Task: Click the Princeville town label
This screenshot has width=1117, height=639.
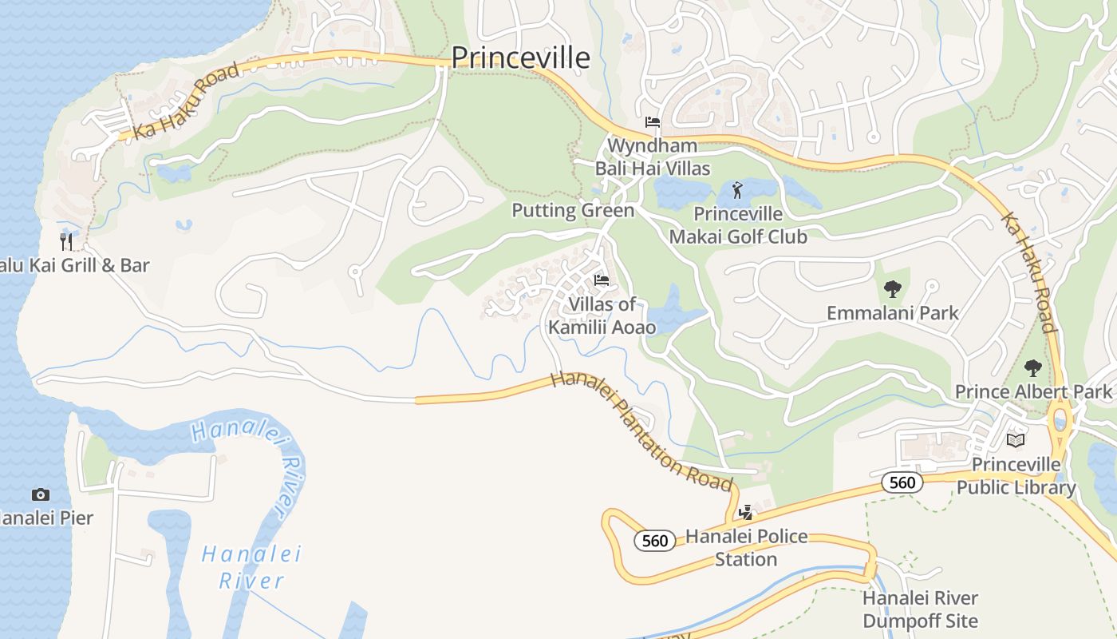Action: coord(520,58)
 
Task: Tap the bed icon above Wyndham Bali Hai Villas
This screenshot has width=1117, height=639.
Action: coord(653,122)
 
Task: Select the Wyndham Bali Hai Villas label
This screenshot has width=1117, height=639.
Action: coord(653,157)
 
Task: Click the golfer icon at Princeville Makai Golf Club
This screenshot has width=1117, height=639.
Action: coord(736,190)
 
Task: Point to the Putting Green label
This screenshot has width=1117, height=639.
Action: coord(573,210)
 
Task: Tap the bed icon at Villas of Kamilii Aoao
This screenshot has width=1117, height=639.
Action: coord(602,280)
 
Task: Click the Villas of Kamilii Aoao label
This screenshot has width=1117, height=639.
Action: coord(602,316)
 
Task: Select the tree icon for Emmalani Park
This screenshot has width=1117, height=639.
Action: coord(893,289)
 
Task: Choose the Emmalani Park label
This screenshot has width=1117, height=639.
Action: coord(893,312)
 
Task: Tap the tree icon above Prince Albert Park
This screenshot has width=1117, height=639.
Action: coord(1033,368)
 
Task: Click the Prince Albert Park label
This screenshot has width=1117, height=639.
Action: coord(1033,391)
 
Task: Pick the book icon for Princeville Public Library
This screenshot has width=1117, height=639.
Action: coord(1016,440)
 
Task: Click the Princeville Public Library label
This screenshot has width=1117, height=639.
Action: coord(1016,476)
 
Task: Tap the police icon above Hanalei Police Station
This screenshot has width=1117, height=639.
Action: coord(745,513)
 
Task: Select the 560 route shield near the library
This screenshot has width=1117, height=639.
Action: coord(902,482)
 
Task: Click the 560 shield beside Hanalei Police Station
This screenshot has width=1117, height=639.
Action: coord(655,541)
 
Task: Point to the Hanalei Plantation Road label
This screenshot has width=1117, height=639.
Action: coord(641,431)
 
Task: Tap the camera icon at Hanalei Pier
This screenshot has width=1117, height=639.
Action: coord(40,495)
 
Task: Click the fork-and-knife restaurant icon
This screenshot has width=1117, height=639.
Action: coord(66,241)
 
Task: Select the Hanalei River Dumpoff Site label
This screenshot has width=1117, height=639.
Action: coord(920,609)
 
